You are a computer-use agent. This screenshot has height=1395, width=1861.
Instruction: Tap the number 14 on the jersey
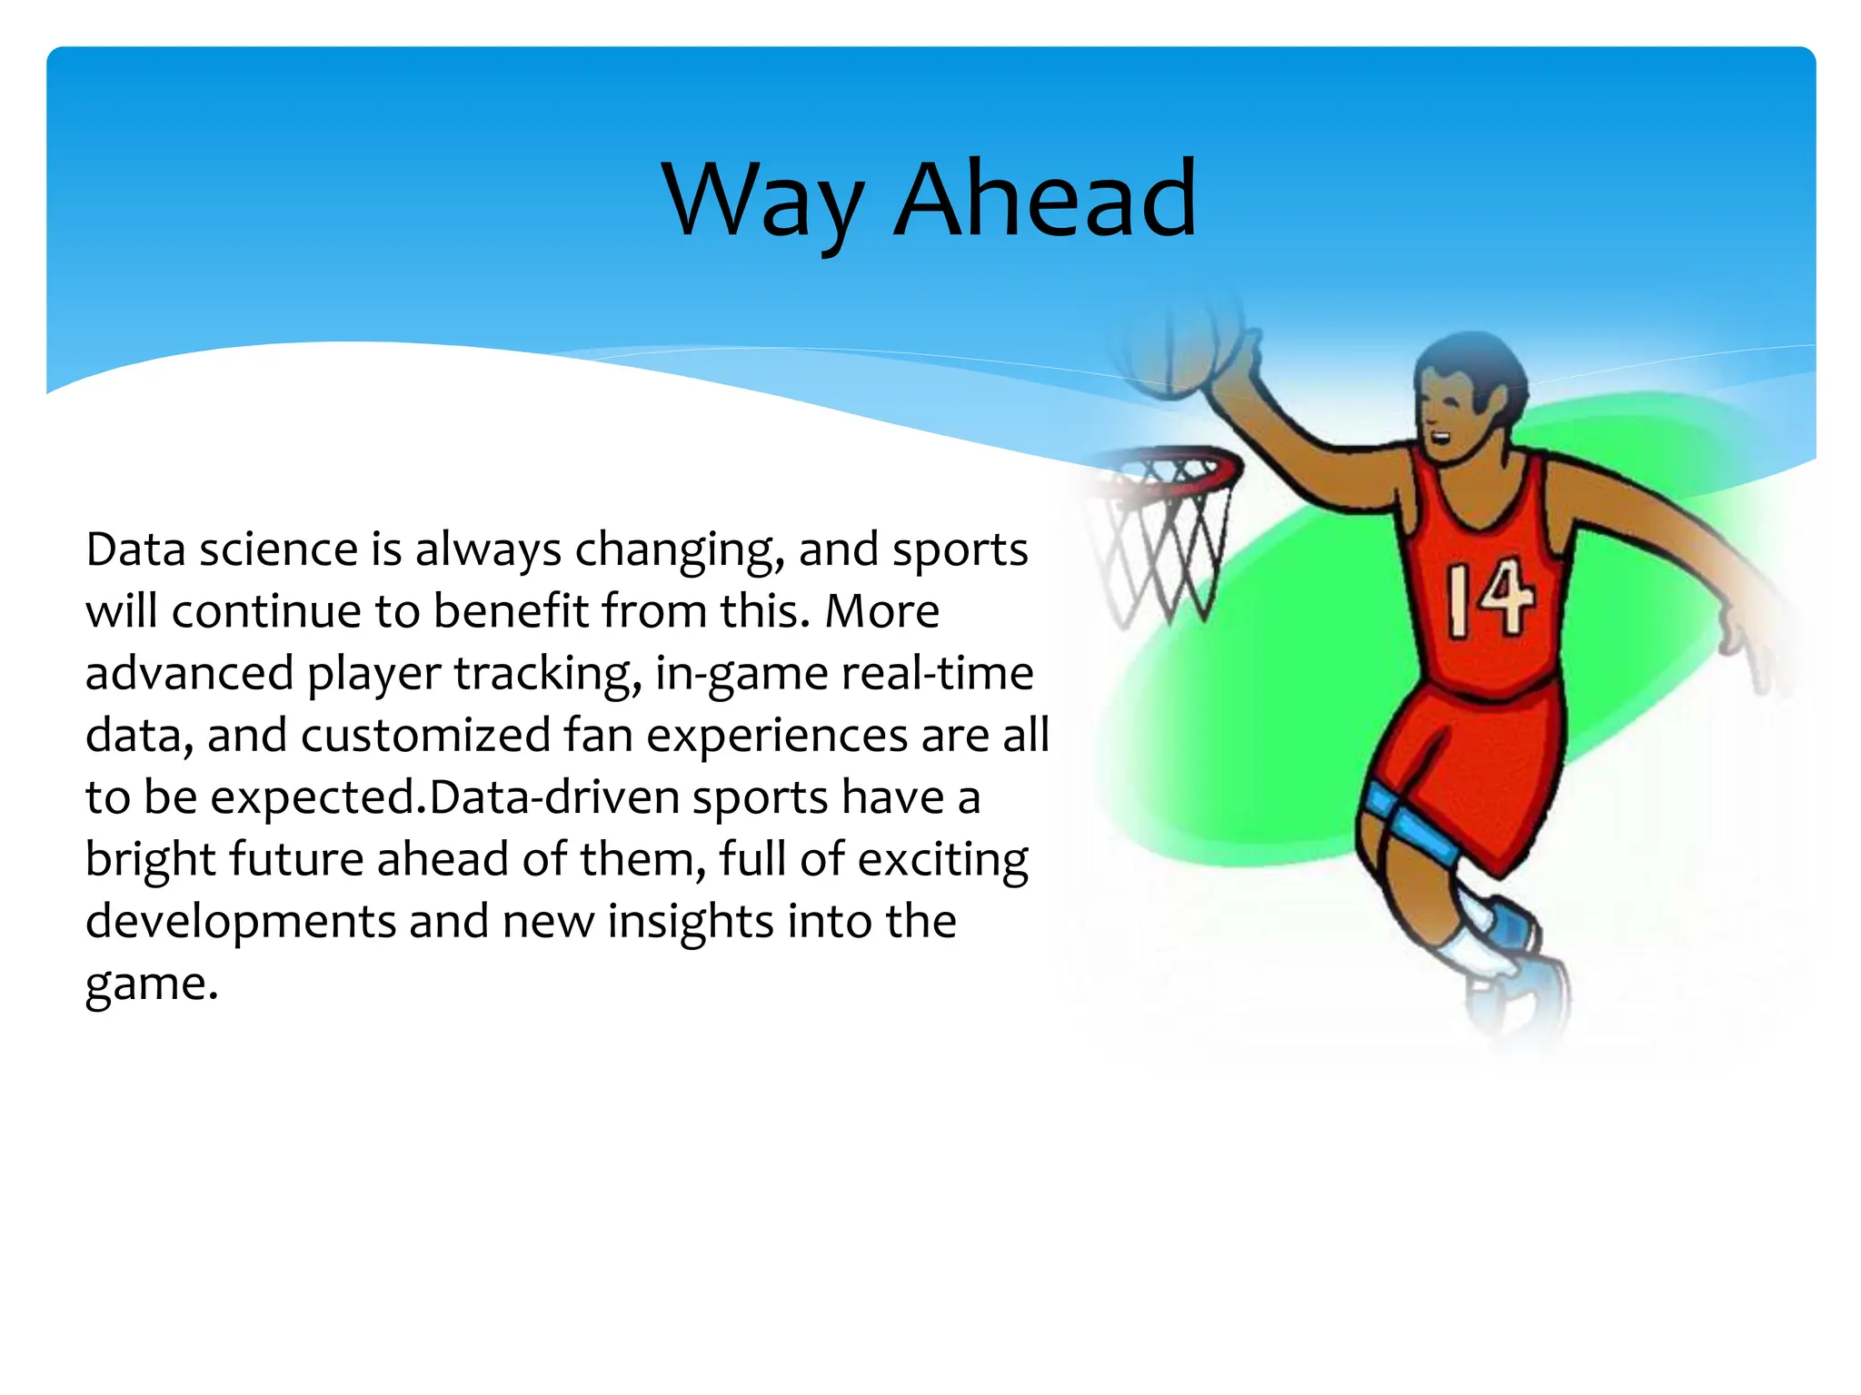pyautogui.click(x=1488, y=599)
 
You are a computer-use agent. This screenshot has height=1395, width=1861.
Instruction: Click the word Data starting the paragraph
pyautogui.click(x=136, y=549)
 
